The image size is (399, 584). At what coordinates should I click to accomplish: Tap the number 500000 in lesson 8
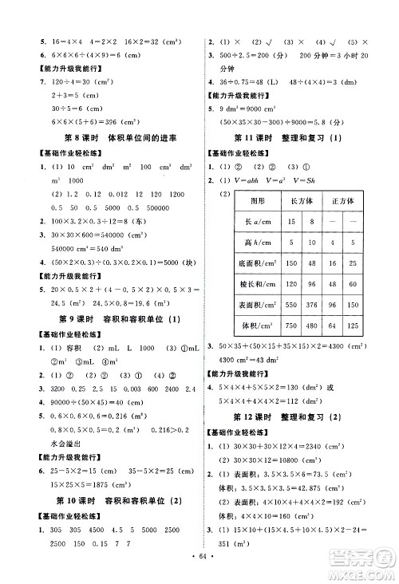(172, 205)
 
